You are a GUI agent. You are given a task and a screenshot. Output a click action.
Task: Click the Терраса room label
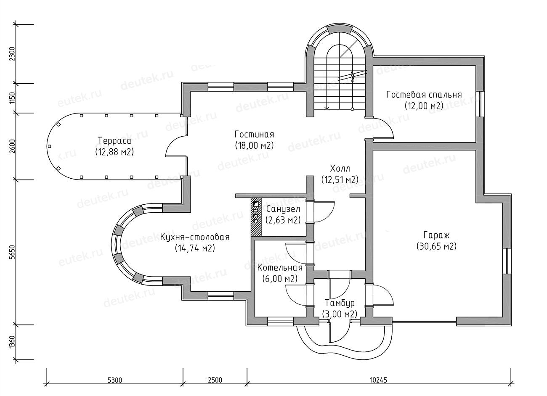pyautogui.click(x=114, y=140)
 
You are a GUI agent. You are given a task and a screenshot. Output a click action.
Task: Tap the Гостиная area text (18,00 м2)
pyautogui.click(x=254, y=146)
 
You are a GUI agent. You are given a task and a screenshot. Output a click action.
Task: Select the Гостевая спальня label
pyautogui.click(x=424, y=95)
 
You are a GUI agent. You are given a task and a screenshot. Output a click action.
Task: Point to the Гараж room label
pyautogui.click(x=436, y=235)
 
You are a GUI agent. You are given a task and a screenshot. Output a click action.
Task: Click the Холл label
pyautogui.click(x=340, y=168)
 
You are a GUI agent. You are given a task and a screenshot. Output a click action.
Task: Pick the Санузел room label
pyautogui.click(x=283, y=209)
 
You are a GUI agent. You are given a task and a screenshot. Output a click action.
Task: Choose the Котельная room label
pyautogui.click(x=280, y=268)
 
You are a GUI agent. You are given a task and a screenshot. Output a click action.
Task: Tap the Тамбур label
pyautogui.click(x=340, y=303)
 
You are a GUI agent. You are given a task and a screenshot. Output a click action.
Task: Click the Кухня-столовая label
pyautogui.click(x=195, y=237)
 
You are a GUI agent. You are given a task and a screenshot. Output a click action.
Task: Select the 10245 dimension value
pyautogui.click(x=379, y=380)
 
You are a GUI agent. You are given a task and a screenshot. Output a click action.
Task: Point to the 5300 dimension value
pyautogui.click(x=114, y=380)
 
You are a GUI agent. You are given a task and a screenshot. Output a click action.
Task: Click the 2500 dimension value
pyautogui.click(x=215, y=380)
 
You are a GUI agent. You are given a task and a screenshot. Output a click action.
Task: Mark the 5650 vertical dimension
pyautogui.click(x=13, y=253)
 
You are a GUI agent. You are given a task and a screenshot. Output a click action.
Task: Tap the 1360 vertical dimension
pyautogui.click(x=13, y=343)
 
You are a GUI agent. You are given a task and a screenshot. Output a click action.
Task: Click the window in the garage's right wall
pyautogui.click(x=507, y=261)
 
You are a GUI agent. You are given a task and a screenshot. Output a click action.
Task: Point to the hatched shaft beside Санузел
pyautogui.click(x=256, y=217)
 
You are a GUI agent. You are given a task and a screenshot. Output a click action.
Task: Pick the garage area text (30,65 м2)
pyautogui.click(x=436, y=246)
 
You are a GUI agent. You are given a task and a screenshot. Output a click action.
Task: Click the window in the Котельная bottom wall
pyautogui.click(x=280, y=321)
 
